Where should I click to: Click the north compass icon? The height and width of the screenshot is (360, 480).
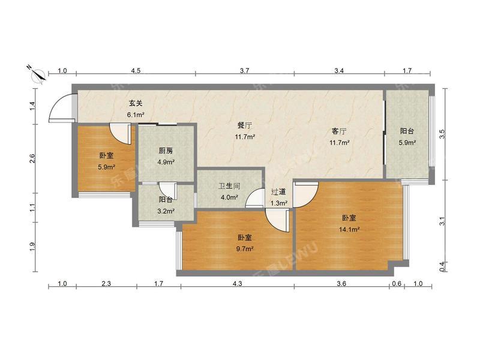coord(38,73)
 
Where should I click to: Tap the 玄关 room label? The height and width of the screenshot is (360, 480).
coord(135,103)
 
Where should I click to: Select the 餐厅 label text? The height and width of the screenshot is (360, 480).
coord(245,125)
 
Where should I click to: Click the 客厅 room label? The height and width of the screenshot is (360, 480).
coord(339,131)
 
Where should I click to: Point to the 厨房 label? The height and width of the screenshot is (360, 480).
coord(166,151)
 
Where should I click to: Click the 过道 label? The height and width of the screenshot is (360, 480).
coord(278,192)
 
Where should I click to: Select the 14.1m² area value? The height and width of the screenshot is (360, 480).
coord(350,229)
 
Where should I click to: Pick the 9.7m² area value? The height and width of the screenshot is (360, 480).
coord(245,248)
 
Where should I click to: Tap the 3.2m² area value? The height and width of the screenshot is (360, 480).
coord(166,211)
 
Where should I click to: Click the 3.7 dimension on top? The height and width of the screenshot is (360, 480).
coord(244,71)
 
